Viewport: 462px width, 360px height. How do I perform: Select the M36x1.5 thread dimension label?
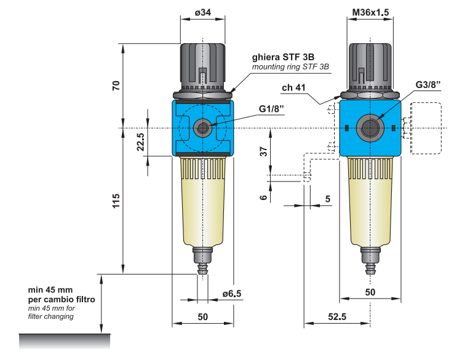[x=370, y=13]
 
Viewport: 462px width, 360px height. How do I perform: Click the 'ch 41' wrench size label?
[x=294, y=88]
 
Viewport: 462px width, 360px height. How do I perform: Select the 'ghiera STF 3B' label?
[x=283, y=56]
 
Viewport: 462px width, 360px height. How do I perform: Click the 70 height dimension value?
[x=115, y=85]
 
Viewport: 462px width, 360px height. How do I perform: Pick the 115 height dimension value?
[x=115, y=201]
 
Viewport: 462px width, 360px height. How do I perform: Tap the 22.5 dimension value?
[x=140, y=142]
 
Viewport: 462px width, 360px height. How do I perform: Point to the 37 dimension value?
[x=263, y=151]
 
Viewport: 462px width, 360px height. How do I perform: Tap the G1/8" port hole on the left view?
[x=202, y=128]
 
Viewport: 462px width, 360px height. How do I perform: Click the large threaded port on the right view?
[x=370, y=128]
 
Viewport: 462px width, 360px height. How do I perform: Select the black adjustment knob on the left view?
[x=202, y=66]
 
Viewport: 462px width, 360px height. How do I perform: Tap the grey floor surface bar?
[x=65, y=340]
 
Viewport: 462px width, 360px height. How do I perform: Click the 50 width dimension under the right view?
[x=370, y=293]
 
